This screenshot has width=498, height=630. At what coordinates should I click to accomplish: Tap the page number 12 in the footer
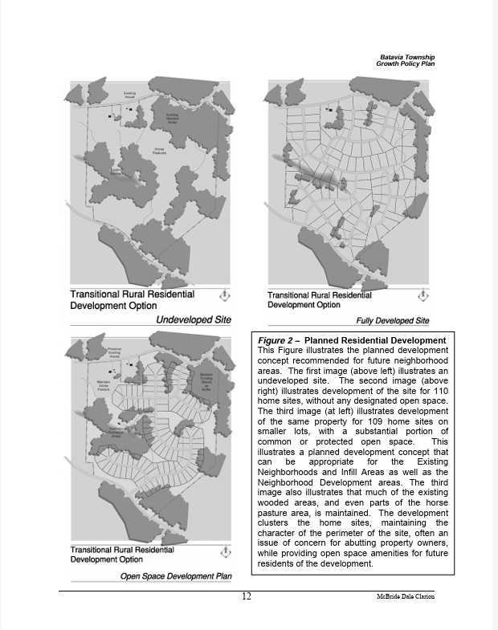click(247, 596)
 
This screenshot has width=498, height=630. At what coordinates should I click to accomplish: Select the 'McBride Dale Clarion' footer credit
click(405, 597)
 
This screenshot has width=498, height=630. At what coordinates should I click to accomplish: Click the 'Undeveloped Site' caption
click(193, 319)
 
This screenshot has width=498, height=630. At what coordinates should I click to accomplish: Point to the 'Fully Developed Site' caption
click(393, 321)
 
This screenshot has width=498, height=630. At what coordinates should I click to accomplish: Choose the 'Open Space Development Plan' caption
click(175, 576)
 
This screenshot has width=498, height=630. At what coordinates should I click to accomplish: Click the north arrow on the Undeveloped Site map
click(225, 295)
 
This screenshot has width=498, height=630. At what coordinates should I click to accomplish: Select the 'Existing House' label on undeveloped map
click(129, 96)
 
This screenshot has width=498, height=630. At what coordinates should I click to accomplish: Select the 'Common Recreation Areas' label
click(118, 433)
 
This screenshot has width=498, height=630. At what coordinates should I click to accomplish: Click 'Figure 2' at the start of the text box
click(276, 341)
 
